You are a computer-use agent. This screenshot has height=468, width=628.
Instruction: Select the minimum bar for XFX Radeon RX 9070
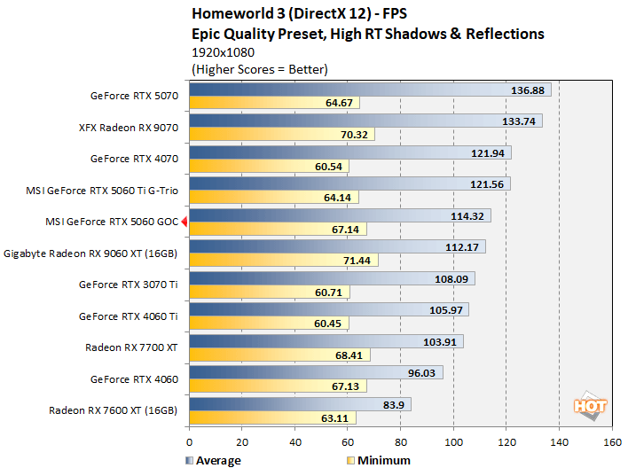[281, 135]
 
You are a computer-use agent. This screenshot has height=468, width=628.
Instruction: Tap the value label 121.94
[491, 153]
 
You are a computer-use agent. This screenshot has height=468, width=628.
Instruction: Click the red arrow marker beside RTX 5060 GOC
[184, 222]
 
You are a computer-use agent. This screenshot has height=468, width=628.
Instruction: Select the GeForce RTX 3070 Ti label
[129, 285]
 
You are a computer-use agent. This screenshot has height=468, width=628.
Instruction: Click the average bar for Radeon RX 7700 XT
[326, 341]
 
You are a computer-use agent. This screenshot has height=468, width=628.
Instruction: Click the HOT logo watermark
[590, 405]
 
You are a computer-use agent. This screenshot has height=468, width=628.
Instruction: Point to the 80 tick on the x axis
[401, 441]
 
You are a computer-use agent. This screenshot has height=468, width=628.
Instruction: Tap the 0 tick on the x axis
[189, 441]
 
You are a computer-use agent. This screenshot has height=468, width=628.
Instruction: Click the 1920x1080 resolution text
[224, 52]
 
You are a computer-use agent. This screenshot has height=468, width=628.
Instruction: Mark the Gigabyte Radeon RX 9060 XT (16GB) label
[91, 253]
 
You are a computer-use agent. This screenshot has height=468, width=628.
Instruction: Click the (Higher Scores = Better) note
[259, 68]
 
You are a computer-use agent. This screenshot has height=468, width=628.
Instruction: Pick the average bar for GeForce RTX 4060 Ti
[328, 309]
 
